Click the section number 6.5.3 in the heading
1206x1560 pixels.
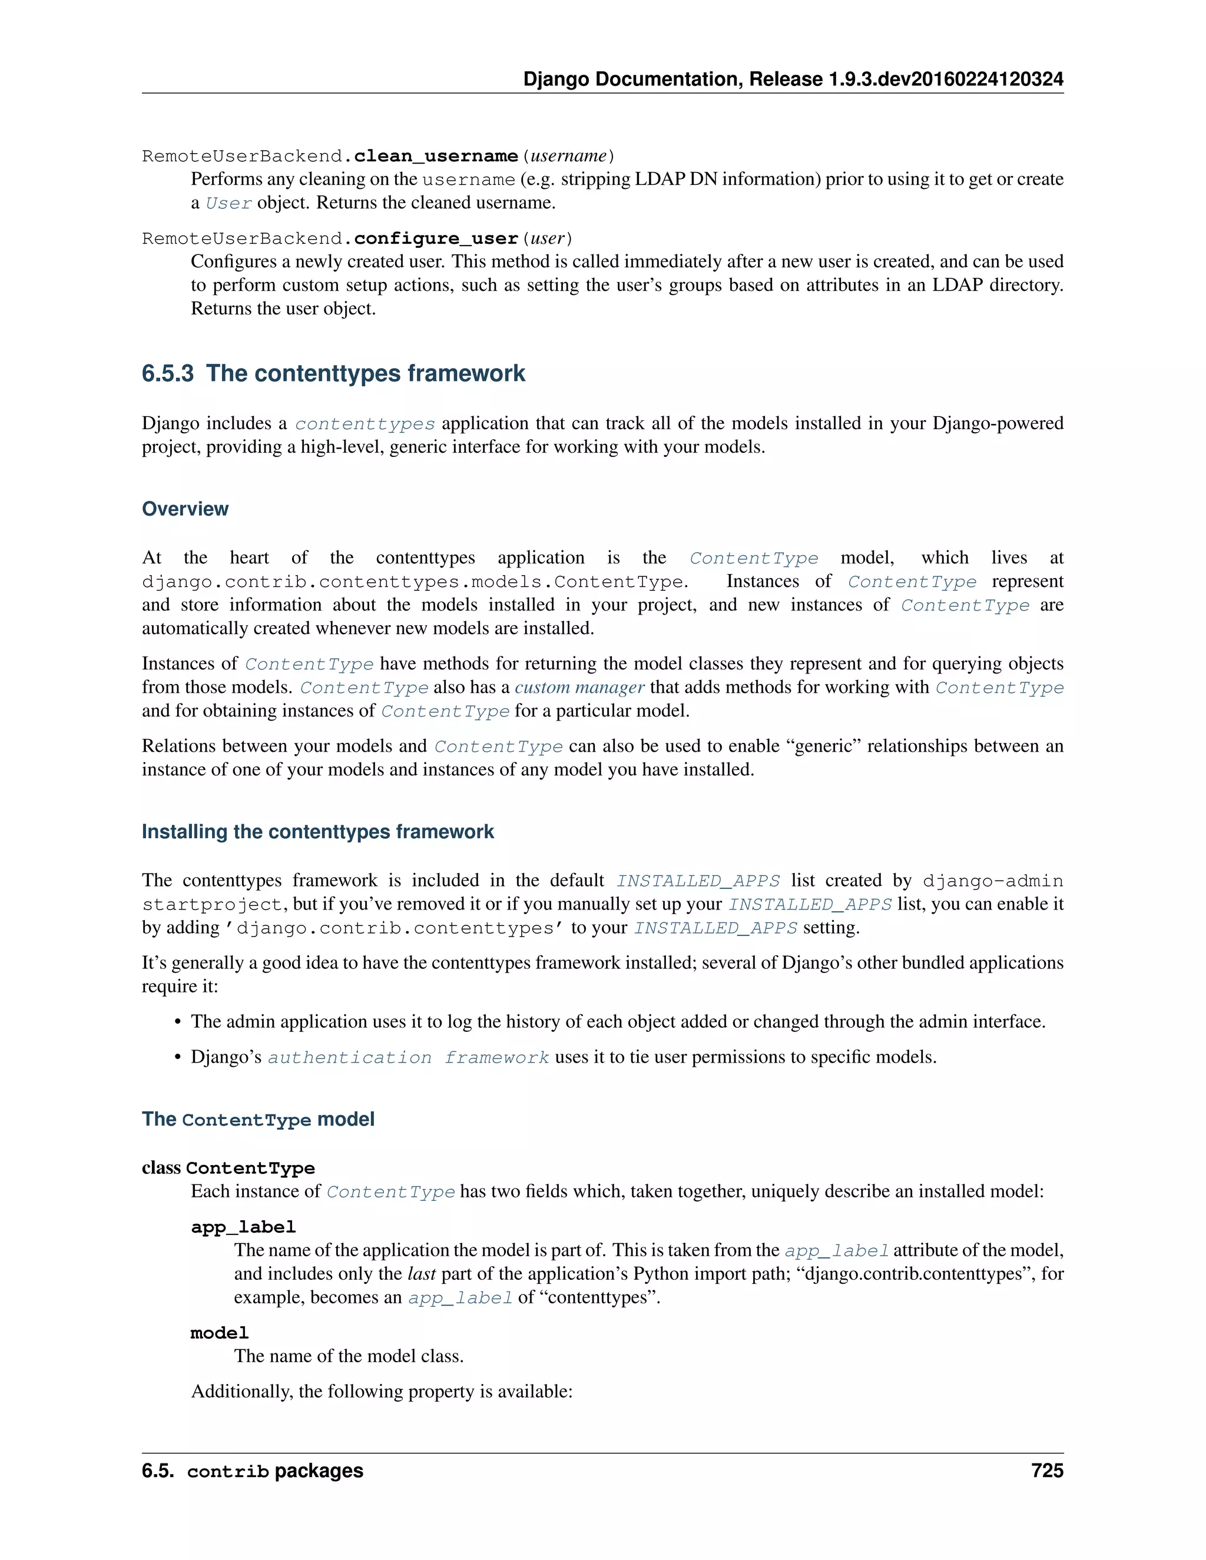167,374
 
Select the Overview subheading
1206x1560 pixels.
185,509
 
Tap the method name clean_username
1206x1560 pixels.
436,156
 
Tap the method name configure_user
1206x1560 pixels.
436,238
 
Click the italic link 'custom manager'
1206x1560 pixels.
579,687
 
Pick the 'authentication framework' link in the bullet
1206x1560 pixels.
408,1057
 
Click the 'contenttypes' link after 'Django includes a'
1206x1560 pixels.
365,424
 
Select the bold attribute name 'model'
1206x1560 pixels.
219,1333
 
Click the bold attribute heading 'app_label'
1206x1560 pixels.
243,1227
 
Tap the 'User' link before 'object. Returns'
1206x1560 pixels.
228,203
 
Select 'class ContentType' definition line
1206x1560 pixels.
228,1168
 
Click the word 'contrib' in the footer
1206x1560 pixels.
228,1472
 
